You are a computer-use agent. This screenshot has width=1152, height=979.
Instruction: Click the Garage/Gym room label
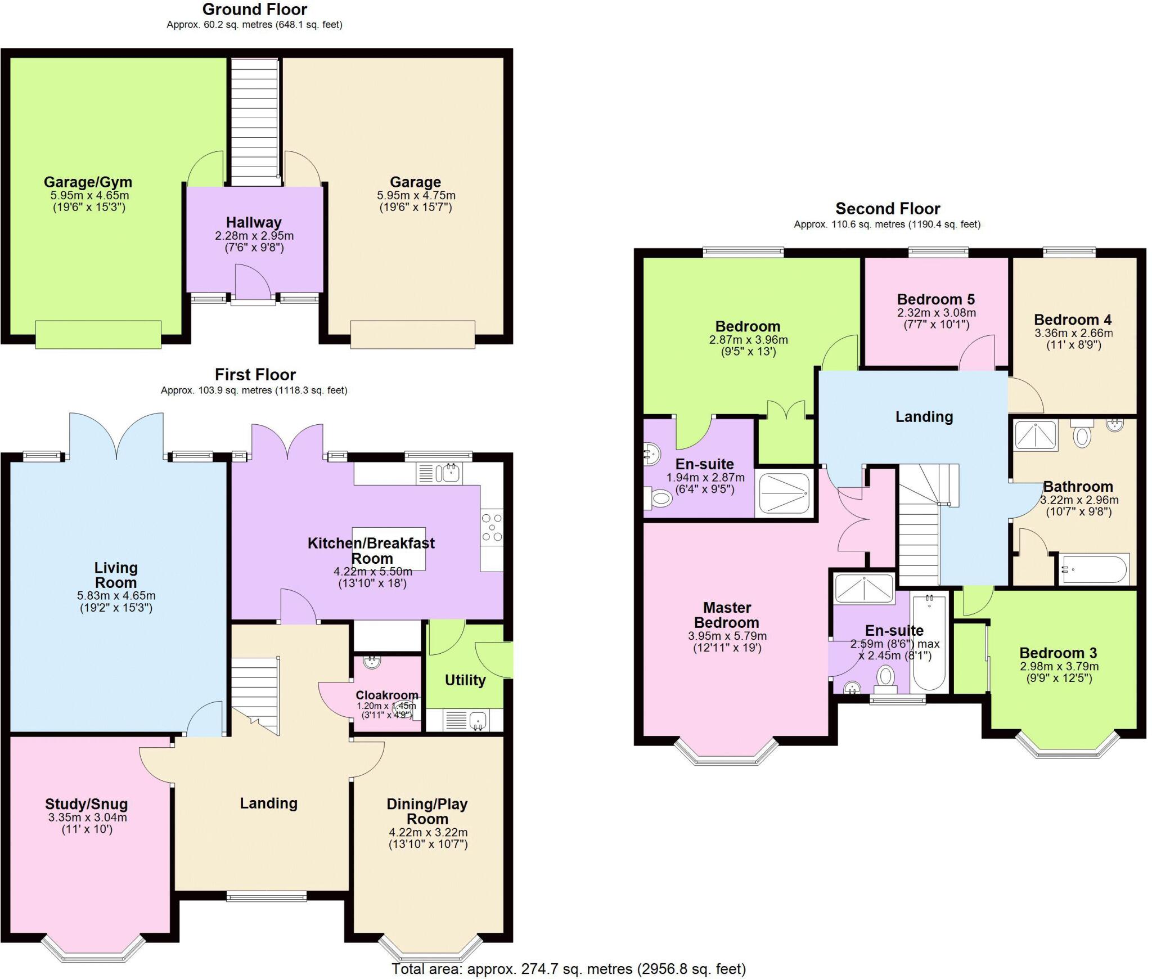(88, 182)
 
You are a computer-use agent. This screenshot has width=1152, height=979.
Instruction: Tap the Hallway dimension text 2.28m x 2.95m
(254, 236)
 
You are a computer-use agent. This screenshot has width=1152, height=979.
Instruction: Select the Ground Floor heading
(255, 10)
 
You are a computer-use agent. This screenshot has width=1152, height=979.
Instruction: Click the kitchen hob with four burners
(492, 527)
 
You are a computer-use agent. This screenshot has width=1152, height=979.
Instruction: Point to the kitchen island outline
(389, 549)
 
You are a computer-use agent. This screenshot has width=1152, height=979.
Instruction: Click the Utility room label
(465, 680)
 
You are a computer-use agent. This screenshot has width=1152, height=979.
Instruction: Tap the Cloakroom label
(387, 695)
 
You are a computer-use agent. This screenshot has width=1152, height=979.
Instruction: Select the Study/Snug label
(87, 804)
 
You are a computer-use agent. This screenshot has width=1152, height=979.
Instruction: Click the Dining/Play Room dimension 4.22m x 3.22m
(428, 832)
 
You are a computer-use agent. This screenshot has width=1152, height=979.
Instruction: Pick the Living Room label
(116, 575)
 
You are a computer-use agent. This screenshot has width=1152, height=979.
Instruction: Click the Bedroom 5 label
(936, 299)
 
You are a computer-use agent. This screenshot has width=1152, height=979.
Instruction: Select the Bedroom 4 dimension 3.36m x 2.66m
(1074, 333)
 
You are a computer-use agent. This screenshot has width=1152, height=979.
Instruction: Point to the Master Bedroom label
(727, 615)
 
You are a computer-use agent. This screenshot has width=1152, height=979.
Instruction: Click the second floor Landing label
(924, 417)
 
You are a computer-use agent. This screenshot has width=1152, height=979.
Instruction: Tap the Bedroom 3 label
(1058, 653)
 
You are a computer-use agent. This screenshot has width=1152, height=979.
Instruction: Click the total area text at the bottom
(569, 969)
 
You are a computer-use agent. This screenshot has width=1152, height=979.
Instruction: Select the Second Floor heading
(888, 209)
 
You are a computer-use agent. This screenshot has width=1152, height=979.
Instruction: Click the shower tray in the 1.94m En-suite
(785, 493)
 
